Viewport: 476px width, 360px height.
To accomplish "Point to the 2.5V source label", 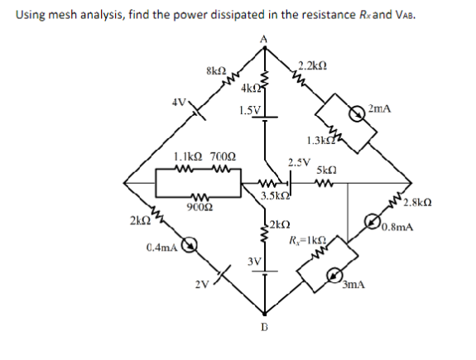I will point(298,162).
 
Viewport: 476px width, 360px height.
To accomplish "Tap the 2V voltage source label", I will point(203,286).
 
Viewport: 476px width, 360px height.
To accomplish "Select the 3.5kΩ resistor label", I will point(274,196).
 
